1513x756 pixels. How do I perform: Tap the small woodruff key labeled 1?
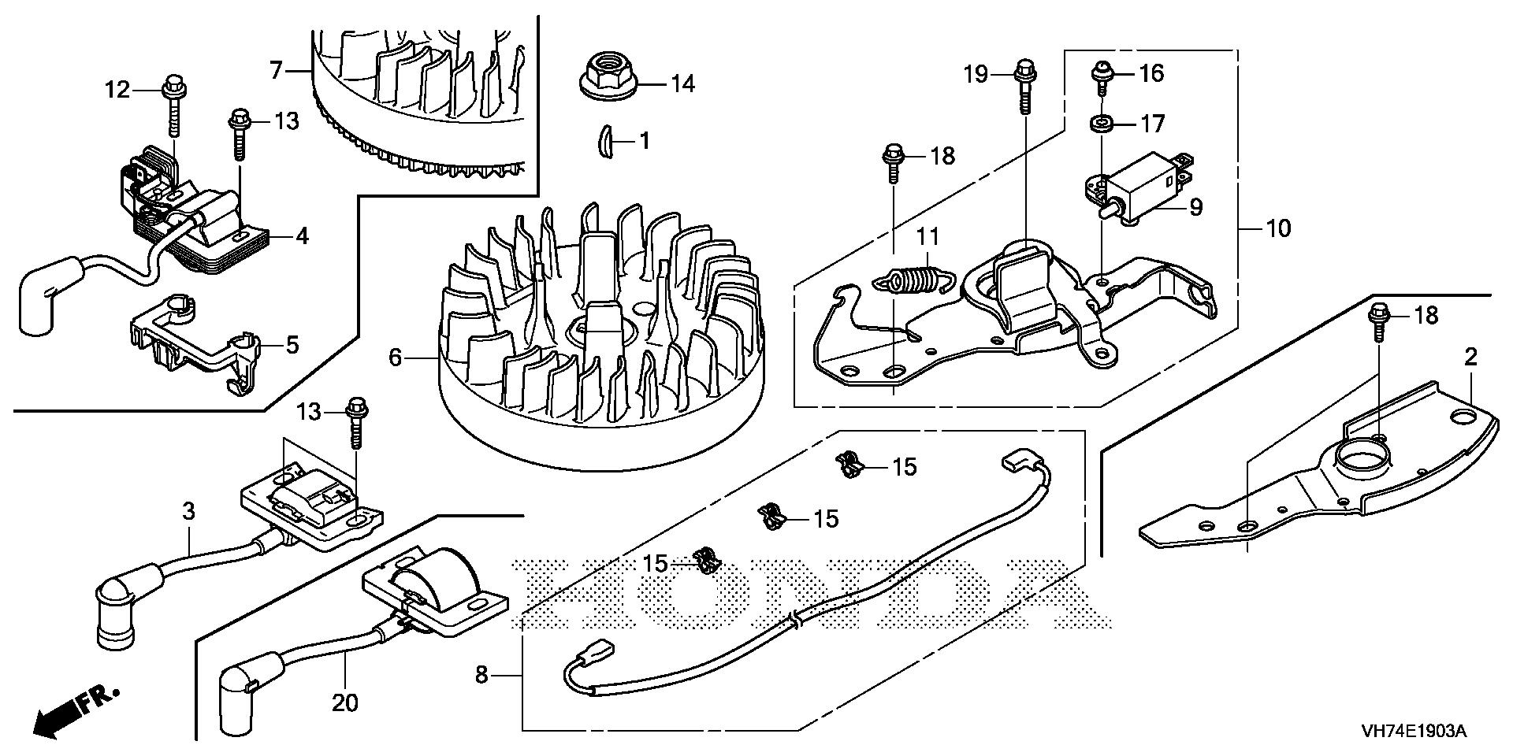click(602, 143)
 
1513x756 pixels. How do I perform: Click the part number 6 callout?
click(396, 358)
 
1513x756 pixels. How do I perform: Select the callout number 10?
click(1277, 228)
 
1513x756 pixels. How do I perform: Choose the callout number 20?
click(344, 702)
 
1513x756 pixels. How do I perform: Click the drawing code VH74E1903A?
click(1414, 732)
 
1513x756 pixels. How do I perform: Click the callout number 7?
click(276, 71)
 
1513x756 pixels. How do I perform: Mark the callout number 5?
click(292, 344)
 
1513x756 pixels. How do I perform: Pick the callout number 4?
click(302, 235)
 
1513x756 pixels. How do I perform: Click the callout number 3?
click(188, 511)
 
